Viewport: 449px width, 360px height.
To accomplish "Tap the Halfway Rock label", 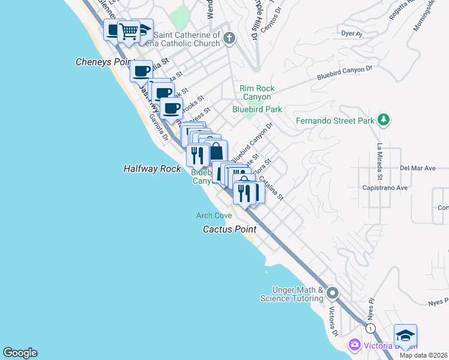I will click(x=152, y=169).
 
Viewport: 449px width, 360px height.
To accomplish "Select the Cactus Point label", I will click(x=229, y=229).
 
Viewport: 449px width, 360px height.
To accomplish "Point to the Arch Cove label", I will click(x=214, y=215).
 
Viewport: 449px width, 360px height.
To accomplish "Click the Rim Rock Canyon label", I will click(x=256, y=92).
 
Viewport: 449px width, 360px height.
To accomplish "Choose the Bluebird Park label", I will click(x=257, y=110).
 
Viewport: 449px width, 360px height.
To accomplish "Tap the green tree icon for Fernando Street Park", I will click(x=384, y=121).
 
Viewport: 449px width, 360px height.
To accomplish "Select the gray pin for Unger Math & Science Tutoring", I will click(x=332, y=293).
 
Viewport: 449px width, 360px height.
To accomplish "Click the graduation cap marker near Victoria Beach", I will click(x=405, y=336).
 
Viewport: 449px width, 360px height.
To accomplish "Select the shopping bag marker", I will click(x=216, y=151).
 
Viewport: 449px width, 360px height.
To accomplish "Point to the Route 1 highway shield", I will click(x=371, y=328).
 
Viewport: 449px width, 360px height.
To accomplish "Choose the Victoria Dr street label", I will click(x=332, y=321).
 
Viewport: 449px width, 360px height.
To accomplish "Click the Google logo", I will click(x=20, y=353).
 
